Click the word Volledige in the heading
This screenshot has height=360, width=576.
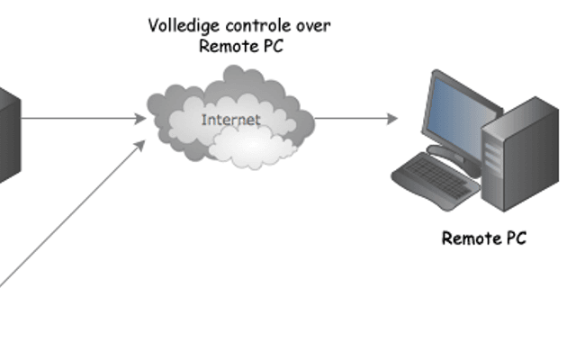point(184,26)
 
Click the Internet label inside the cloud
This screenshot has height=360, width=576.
point(231,120)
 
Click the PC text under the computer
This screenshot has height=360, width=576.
point(517,238)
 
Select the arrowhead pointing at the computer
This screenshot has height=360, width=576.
point(392,119)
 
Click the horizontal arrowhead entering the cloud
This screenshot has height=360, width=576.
point(140,119)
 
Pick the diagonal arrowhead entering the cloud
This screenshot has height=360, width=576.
point(140,145)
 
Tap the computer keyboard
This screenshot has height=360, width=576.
point(436,181)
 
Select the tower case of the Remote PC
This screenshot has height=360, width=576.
point(520,154)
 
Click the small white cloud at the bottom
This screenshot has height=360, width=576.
point(253,147)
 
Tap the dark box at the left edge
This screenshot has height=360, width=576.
point(9,136)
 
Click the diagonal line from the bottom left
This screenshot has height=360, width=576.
point(70,215)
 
